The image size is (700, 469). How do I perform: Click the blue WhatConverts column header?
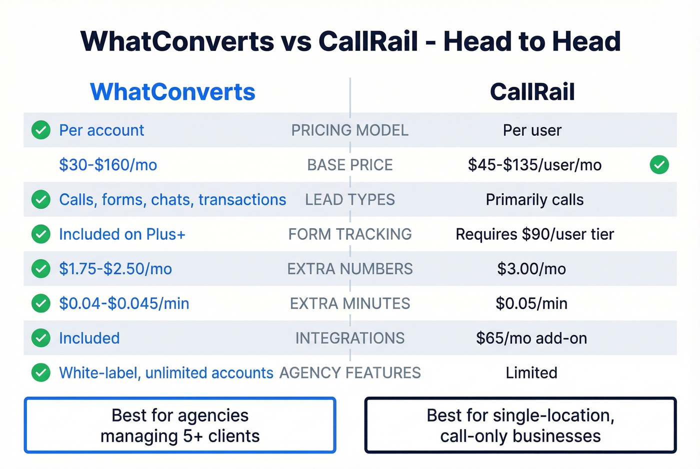point(172,92)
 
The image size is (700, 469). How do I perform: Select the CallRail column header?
point(532,92)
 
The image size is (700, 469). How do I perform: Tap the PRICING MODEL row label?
point(349,130)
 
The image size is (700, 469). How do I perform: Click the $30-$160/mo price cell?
point(108,165)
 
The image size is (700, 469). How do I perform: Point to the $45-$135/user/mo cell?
point(534,165)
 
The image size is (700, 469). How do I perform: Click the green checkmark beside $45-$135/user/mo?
point(659,165)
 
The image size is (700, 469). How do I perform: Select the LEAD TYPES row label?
point(349,200)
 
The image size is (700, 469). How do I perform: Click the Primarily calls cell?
point(534,200)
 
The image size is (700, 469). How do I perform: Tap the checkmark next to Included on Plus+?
point(41,234)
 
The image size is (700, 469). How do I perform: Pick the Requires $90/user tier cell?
point(534,234)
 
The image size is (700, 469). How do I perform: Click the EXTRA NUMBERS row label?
point(349,269)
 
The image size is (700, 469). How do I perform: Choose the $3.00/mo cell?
point(531,269)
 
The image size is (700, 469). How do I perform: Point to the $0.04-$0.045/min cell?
point(124,304)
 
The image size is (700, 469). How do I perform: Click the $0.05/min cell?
point(531,304)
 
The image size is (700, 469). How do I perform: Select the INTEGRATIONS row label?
point(349,338)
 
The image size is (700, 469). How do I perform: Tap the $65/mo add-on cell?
point(531,338)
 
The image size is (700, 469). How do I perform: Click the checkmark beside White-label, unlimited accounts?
point(41,373)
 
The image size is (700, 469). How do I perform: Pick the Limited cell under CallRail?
point(531,373)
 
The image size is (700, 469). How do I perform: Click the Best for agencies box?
point(180,426)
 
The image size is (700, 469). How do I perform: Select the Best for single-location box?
point(520,426)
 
